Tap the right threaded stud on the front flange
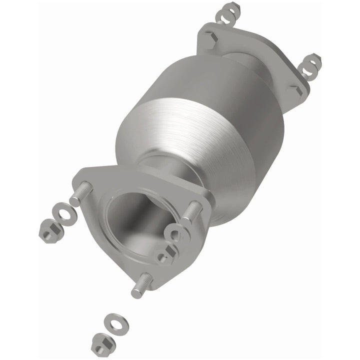point(192,213)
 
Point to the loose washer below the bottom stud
point(116,322)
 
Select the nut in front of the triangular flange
point(165,255)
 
